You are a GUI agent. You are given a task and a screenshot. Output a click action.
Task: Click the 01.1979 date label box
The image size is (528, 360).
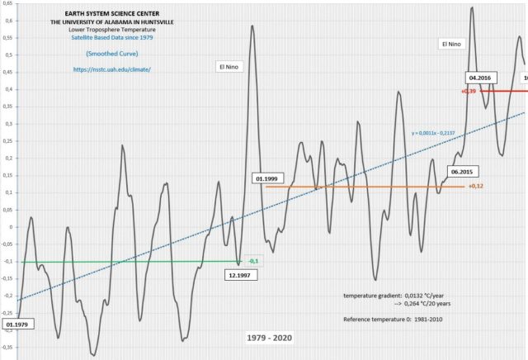pos(16,324)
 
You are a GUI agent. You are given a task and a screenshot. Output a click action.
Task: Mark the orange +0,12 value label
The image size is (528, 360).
pos(475,187)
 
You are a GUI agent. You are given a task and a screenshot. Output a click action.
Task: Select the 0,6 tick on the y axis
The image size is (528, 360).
pos(7,21)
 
